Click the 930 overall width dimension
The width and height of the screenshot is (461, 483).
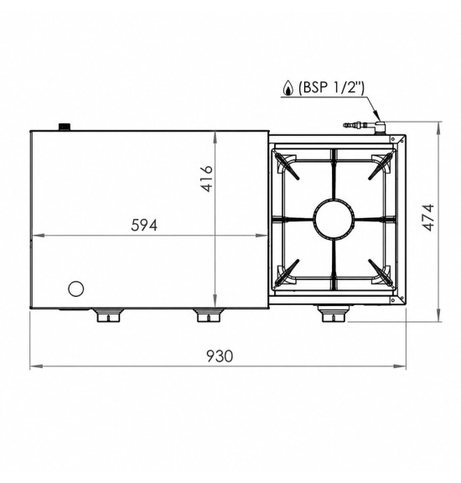(220, 356)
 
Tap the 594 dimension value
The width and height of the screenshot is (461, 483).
(144, 226)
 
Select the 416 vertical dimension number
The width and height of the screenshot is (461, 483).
(206, 179)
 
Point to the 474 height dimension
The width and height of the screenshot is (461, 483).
(428, 217)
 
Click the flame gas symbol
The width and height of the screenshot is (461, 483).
(288, 88)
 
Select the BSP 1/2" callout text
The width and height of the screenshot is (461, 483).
(331, 87)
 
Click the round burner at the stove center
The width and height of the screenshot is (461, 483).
(334, 219)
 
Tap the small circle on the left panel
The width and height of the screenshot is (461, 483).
(75, 288)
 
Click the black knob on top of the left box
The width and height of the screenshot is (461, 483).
(65, 127)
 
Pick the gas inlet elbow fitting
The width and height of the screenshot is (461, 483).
(381, 127)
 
